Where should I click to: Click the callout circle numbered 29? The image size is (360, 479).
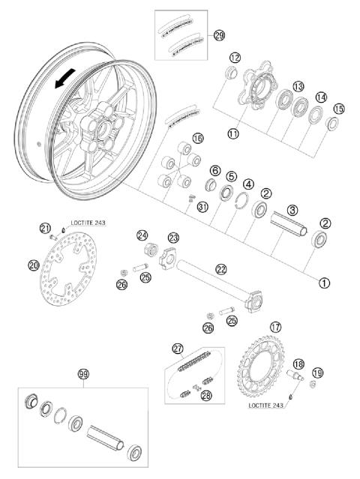coord(219,35)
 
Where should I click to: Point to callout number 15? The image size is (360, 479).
coord(338,109)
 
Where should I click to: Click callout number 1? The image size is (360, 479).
coord(324,283)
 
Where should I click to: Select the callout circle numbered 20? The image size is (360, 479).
coord(34,264)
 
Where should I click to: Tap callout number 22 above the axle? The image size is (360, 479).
coord(221,268)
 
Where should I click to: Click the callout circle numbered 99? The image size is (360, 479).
coord(83,373)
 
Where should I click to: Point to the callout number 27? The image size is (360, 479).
coord(178,348)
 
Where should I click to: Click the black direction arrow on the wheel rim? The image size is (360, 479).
coord(65,79)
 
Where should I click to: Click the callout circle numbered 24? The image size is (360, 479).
coord(143,235)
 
